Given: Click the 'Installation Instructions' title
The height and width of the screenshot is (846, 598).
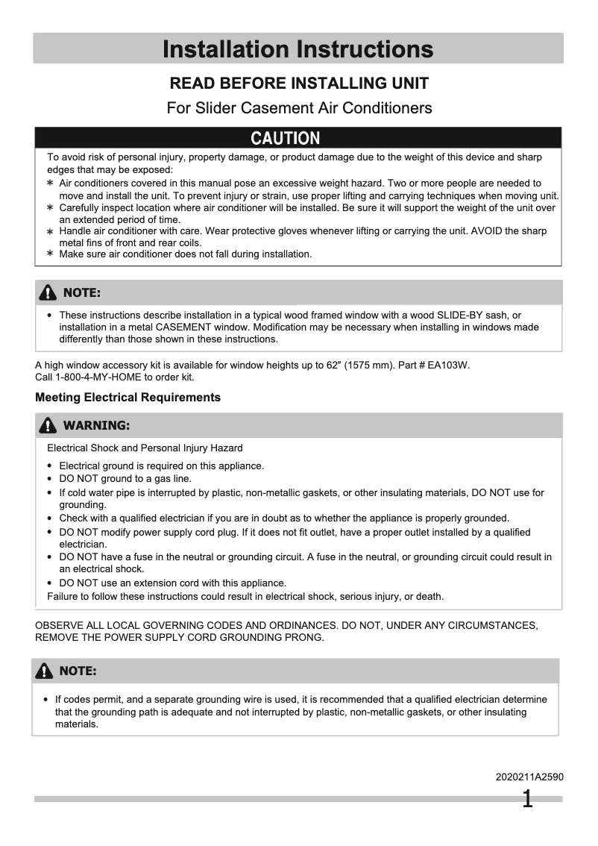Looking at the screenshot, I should click(298, 49).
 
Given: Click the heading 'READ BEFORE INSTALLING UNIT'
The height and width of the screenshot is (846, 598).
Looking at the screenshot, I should click(298, 83).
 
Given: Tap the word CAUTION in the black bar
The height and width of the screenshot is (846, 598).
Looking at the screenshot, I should click(286, 138).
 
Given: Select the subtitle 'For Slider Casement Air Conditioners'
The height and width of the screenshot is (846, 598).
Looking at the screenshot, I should click(298, 108).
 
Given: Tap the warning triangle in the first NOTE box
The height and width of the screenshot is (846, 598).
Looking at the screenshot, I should click(48, 292).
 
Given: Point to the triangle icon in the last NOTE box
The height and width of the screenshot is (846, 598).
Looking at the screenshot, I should click(45, 671).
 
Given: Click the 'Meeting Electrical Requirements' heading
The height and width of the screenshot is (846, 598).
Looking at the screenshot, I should click(128, 398).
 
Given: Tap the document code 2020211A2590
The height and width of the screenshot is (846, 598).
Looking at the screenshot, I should click(529, 777).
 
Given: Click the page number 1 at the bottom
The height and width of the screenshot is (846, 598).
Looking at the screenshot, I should click(527, 800).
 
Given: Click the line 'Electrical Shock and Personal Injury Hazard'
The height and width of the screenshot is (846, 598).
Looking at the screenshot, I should click(145, 448).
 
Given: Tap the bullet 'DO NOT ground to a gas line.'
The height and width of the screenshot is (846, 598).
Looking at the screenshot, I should click(125, 479).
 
